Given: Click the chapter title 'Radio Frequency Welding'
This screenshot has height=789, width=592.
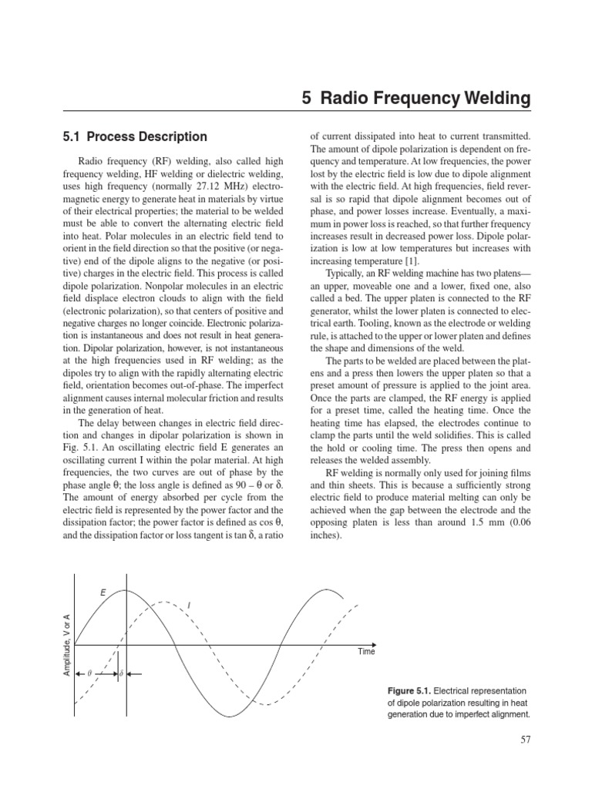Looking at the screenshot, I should click(425, 99).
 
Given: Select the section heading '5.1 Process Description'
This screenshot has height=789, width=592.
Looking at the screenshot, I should click(134, 136).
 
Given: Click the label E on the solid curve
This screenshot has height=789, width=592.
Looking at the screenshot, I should click(103, 592).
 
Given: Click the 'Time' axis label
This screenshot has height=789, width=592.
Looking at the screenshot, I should click(366, 652).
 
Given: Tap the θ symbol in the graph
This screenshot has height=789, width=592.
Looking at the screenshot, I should click(89, 673).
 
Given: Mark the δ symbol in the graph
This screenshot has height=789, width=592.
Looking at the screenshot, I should click(120, 673).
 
